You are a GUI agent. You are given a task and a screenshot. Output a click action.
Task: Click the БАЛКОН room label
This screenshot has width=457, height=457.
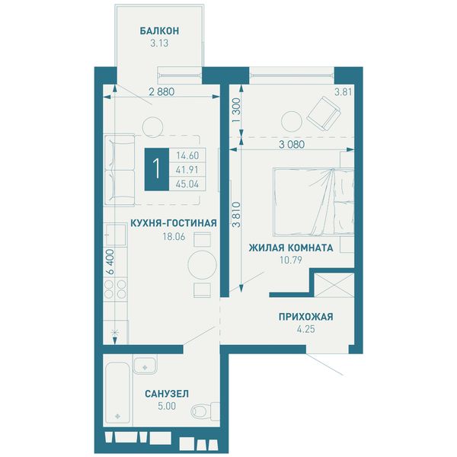click(159, 31)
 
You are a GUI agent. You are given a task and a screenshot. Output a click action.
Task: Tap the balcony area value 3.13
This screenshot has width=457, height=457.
click(159, 43)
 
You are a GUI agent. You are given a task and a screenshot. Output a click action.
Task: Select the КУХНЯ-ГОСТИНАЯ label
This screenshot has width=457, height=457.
click(174, 223)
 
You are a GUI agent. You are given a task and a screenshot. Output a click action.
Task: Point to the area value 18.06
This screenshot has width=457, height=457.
click(174, 236)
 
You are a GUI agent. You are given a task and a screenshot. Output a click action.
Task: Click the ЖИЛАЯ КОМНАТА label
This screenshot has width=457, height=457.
click(291, 248)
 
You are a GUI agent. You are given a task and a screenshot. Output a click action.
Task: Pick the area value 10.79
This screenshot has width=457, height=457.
click(291, 260)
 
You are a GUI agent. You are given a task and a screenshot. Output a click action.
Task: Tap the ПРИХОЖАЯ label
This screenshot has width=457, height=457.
click(305, 317)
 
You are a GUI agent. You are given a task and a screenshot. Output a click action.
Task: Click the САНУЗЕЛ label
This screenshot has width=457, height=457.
click(167, 394)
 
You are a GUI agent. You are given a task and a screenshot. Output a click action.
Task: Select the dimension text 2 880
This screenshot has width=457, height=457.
click(161, 92)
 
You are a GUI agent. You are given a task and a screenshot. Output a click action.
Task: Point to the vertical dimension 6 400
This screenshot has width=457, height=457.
click(110, 261)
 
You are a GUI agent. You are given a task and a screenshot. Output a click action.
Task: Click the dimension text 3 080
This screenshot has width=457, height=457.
click(292, 144)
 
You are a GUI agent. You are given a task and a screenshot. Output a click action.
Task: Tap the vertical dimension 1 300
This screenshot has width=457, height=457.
click(237, 110)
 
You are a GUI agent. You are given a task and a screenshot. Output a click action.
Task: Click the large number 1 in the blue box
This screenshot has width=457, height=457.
click(157, 169)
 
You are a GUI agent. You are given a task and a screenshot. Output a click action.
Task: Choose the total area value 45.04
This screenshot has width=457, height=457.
click(187, 184)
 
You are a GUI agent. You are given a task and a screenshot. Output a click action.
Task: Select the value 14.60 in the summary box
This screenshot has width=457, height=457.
click(187, 155)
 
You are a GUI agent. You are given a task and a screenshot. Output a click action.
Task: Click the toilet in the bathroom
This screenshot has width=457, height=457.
click(205, 411)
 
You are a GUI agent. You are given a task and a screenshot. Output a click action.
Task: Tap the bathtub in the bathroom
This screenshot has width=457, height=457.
click(117, 393)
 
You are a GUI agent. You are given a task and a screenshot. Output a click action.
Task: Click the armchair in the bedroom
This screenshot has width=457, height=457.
click(324, 113)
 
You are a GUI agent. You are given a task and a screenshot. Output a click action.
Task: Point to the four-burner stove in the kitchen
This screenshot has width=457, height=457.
click(116, 289)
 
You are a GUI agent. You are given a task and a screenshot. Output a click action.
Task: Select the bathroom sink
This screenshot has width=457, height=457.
click(145, 365)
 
